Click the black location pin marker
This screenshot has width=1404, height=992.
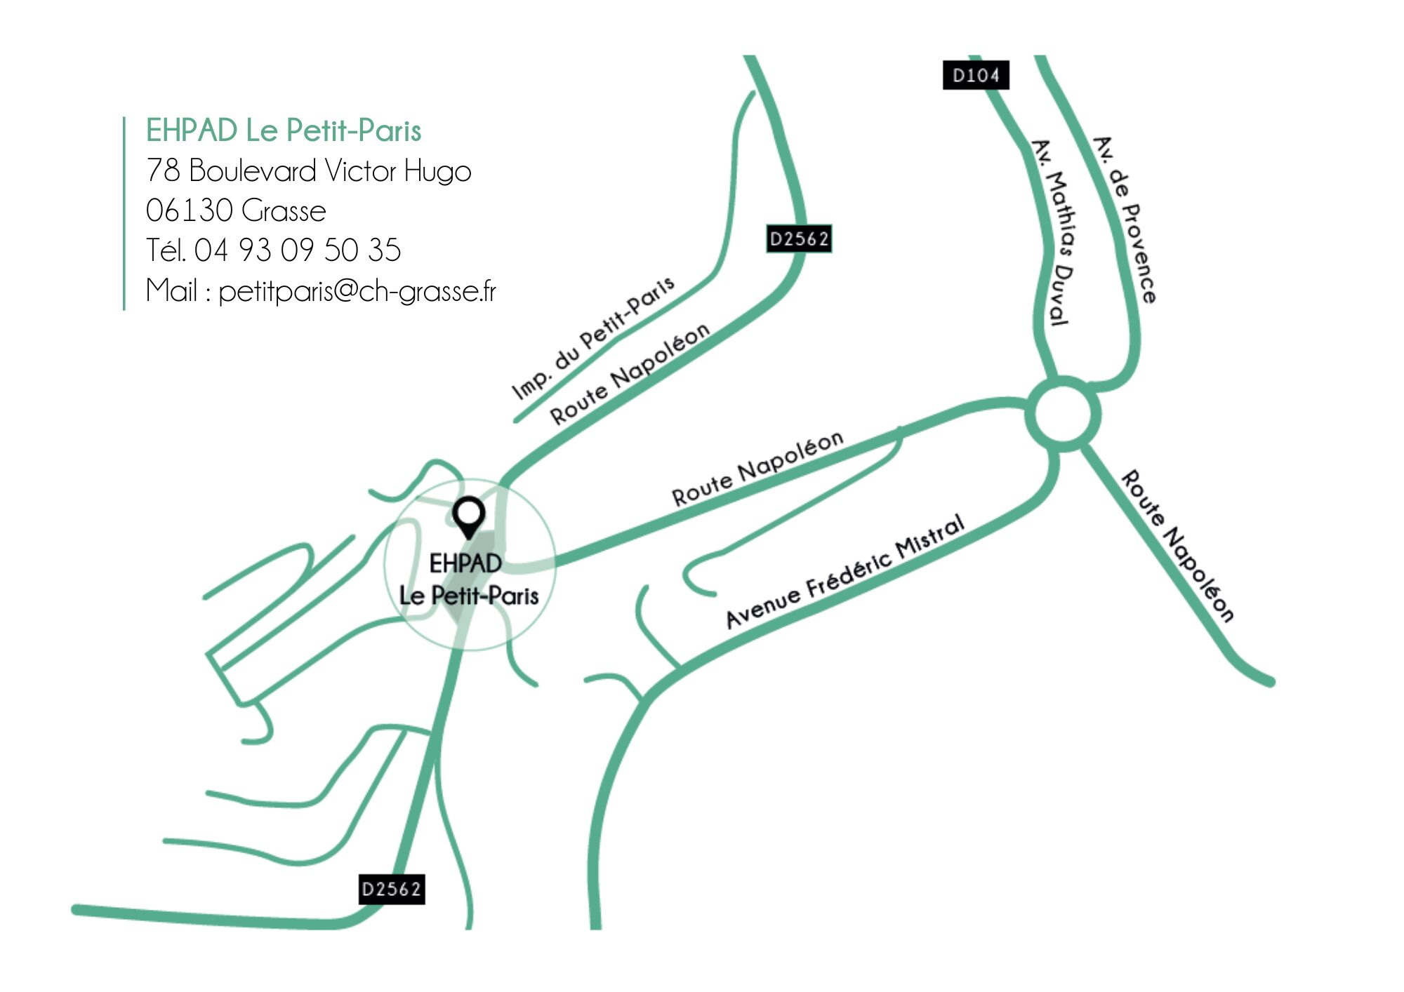468,516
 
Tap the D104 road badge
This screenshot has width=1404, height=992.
976,75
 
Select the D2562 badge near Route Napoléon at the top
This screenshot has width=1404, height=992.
799,239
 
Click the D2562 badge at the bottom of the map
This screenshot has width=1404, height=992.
392,890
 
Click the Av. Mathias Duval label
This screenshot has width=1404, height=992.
1052,232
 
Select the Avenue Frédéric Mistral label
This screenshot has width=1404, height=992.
845,571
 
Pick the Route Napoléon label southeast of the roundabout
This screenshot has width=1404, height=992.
1177,547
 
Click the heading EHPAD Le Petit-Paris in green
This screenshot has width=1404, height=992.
284,130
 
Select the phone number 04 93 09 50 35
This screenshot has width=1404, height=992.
298,250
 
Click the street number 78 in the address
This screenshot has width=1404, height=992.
163,170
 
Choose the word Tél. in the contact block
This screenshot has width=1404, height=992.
166,250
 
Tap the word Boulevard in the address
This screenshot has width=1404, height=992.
253,171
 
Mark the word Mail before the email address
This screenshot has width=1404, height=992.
171,290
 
